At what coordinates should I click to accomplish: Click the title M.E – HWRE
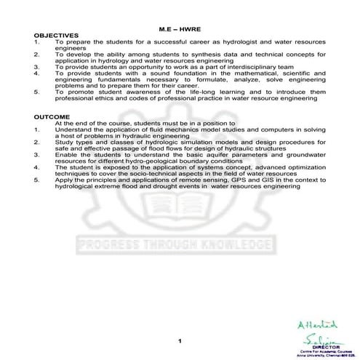click(180, 28)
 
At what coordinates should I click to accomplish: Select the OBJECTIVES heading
click(55, 36)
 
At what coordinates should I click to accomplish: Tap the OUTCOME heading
click(52, 118)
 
